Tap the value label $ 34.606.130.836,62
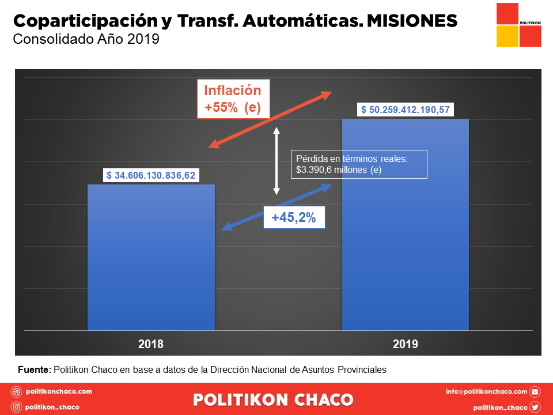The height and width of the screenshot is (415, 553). (151, 175)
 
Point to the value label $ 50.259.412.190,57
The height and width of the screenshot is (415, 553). (406, 110)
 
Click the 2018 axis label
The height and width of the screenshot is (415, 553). (151, 344)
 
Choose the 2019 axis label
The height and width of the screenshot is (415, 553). (406, 344)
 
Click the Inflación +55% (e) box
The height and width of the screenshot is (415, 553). (233, 99)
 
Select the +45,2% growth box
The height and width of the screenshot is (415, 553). (294, 218)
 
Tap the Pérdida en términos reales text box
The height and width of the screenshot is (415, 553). (359, 164)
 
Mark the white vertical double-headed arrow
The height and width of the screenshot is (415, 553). (276, 160)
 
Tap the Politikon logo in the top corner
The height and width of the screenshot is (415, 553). (518, 25)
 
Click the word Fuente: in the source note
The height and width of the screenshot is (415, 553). (35, 369)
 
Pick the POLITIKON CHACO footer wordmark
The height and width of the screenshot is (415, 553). (274, 399)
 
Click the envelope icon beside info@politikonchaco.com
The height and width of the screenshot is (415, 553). (535, 392)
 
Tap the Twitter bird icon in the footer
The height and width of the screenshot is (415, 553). (535, 407)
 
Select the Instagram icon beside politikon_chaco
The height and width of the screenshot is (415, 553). (17, 407)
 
